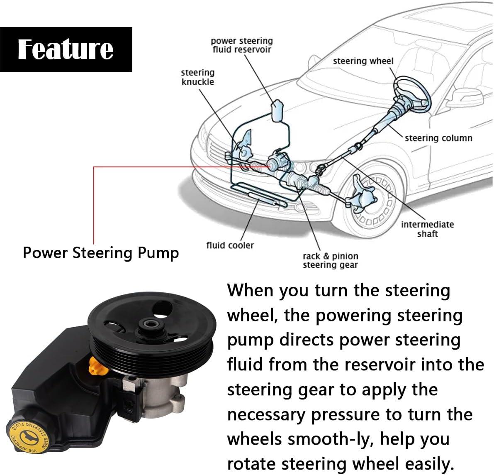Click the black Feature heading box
[66, 49]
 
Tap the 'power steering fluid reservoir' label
[241, 45]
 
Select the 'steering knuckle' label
[198, 77]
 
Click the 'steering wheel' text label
[363, 61]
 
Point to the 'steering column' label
[438, 138]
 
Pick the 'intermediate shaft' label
[427, 229]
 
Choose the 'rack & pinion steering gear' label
[330, 260]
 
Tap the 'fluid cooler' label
[230, 245]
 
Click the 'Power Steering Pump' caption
[101, 252]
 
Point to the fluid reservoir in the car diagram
[277, 110]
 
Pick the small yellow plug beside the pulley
[95, 365]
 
